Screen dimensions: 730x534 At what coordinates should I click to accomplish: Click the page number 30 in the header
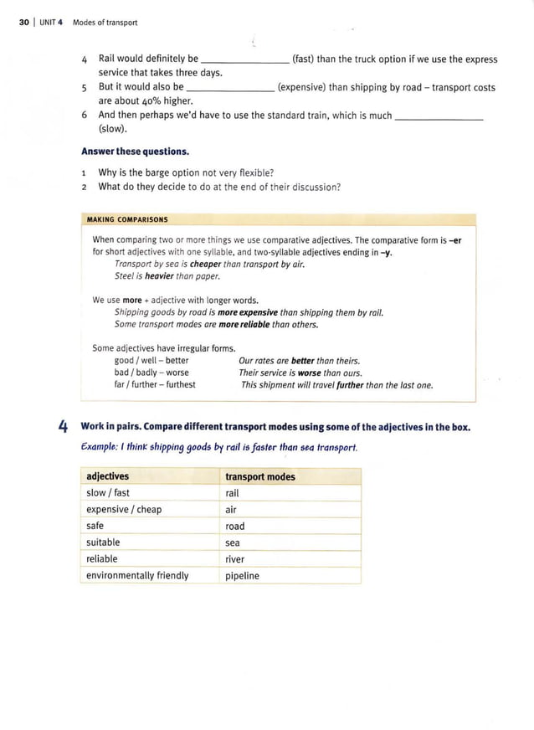click(23, 23)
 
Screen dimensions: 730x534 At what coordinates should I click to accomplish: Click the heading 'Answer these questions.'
click(135, 152)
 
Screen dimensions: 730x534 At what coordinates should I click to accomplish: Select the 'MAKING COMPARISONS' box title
click(127, 220)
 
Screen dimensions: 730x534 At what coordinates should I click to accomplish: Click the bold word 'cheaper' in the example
click(205, 265)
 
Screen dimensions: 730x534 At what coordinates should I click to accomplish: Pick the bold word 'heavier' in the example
click(161, 276)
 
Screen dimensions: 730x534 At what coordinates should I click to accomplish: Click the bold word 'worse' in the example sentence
click(309, 373)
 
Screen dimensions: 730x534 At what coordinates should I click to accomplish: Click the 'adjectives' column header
click(108, 476)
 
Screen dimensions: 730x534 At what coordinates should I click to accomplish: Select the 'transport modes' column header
click(260, 476)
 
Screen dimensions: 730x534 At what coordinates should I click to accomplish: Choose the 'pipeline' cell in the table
click(243, 576)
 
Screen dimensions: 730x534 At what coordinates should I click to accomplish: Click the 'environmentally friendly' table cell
click(137, 576)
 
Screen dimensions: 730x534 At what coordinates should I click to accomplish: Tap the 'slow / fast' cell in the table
click(108, 493)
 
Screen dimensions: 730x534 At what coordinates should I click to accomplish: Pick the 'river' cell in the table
click(235, 559)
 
